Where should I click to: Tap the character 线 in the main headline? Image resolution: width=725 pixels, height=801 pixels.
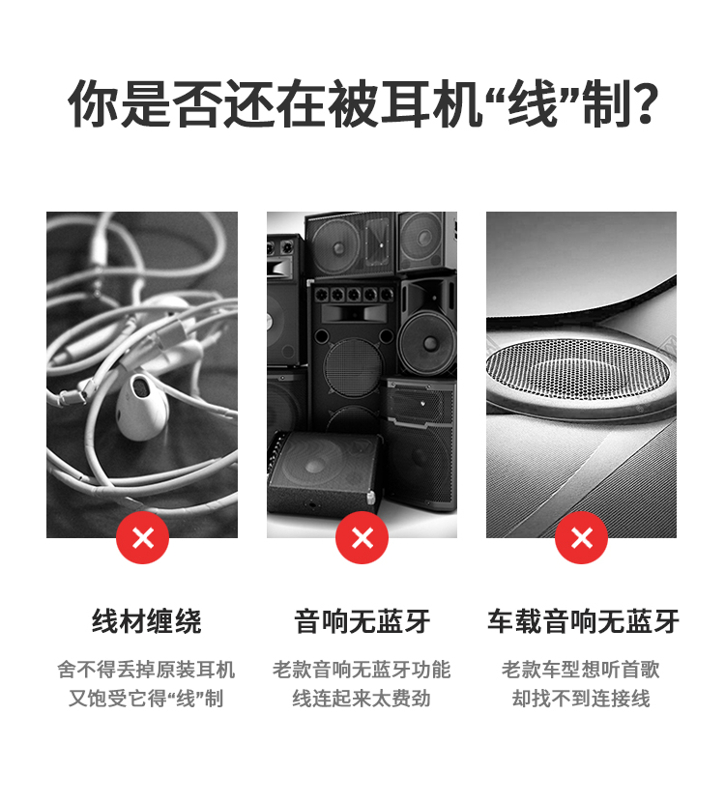click(x=532, y=103)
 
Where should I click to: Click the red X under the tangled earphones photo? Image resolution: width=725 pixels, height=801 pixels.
click(x=142, y=537)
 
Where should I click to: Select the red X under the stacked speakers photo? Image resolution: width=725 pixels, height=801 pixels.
click(x=362, y=537)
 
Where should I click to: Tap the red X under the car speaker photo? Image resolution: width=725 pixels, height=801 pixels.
click(x=581, y=537)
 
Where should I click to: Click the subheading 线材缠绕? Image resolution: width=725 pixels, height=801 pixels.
click(x=147, y=621)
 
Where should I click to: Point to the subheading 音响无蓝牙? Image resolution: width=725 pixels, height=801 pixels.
click(x=362, y=621)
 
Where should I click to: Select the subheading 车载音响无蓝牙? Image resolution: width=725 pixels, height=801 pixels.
click(x=583, y=621)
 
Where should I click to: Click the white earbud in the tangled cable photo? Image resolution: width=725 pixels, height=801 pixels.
click(x=141, y=406)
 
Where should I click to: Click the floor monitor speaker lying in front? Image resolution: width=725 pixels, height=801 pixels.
click(x=326, y=472)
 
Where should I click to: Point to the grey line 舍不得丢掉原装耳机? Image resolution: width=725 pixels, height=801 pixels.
click(x=146, y=670)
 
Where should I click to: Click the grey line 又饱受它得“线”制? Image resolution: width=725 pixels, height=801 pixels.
click(x=146, y=699)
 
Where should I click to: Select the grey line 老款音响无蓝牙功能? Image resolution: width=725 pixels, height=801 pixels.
click(x=362, y=670)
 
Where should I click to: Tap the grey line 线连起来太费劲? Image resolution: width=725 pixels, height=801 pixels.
click(x=362, y=699)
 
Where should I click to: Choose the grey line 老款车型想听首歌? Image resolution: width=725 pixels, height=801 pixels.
click(x=581, y=670)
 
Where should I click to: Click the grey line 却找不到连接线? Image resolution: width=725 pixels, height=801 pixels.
click(x=581, y=699)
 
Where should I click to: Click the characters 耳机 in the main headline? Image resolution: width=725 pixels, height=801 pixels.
click(x=431, y=103)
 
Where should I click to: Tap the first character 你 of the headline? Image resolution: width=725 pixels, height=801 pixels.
click(x=94, y=103)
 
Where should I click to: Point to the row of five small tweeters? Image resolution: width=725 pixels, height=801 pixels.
click(x=354, y=295)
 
